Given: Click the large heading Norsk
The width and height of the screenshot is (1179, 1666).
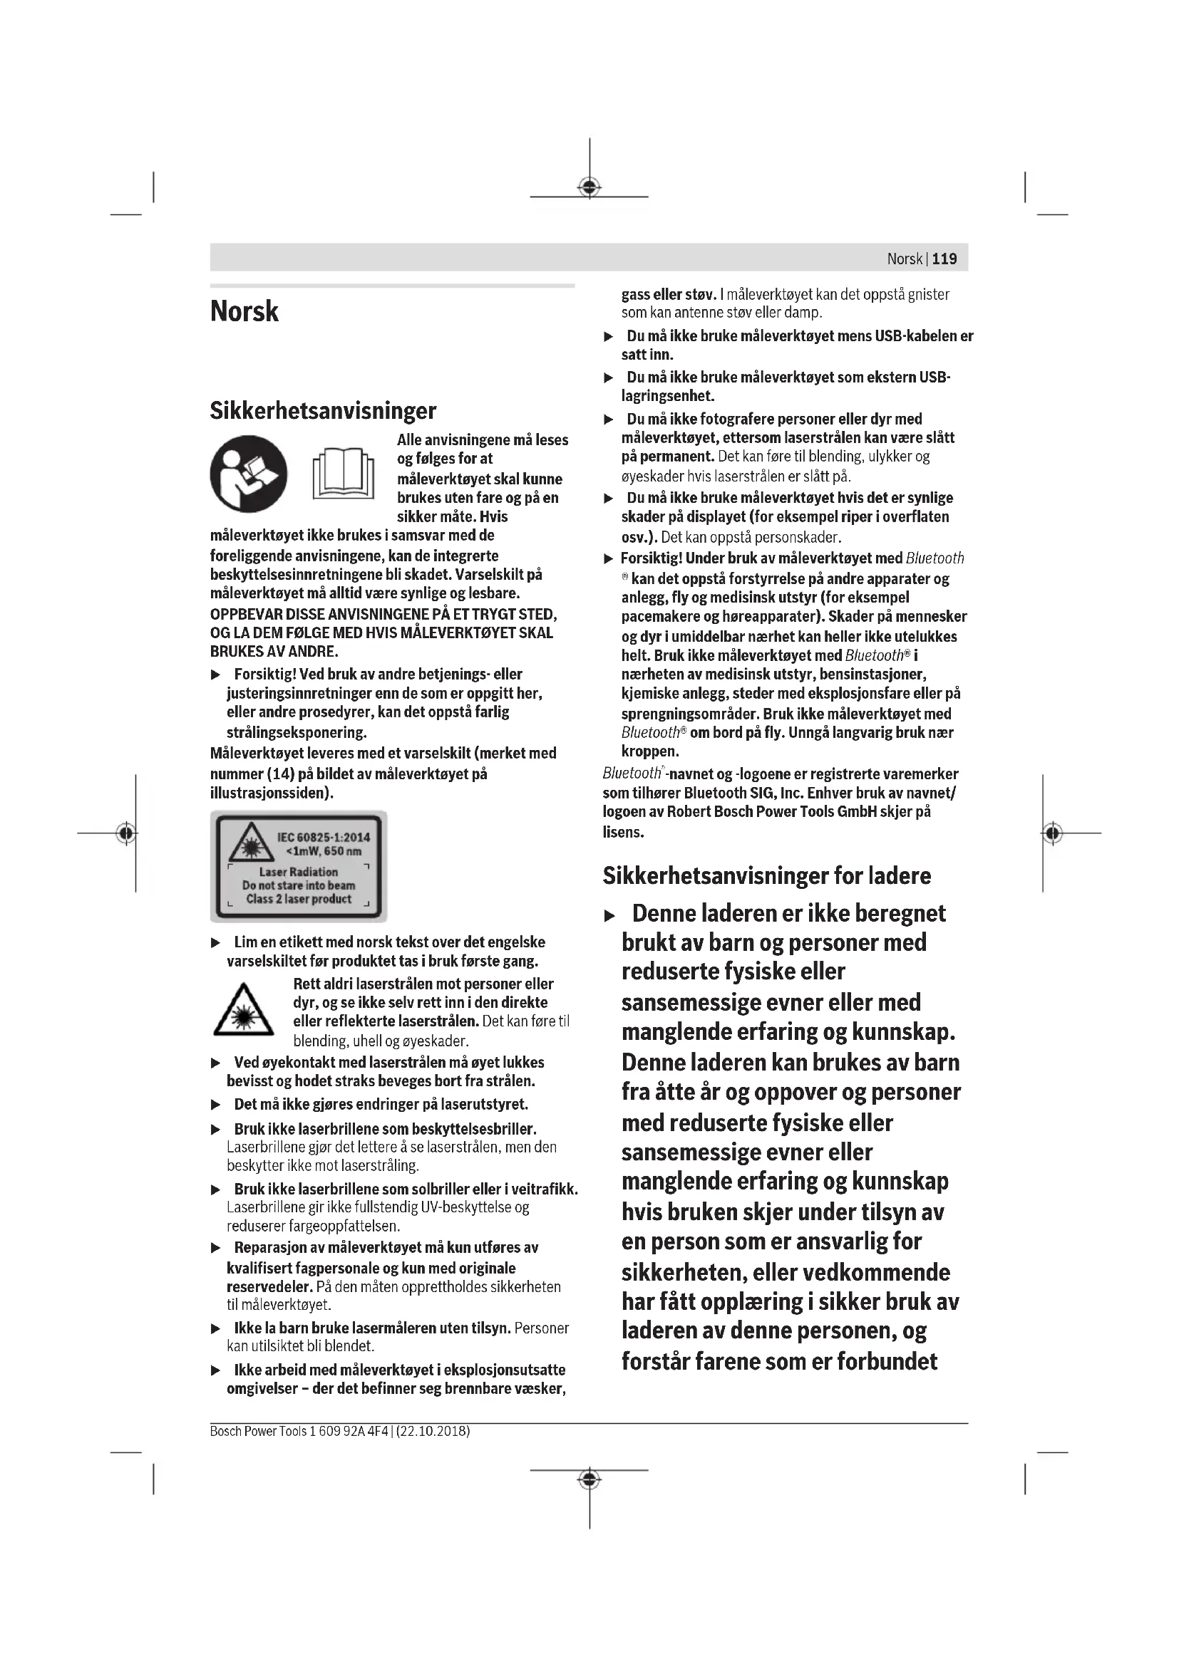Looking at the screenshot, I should [244, 311].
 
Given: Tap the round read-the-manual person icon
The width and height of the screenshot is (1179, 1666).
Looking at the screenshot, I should [248, 474].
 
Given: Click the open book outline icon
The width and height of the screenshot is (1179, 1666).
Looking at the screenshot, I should [344, 474].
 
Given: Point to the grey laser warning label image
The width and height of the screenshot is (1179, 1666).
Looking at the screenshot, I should [299, 866].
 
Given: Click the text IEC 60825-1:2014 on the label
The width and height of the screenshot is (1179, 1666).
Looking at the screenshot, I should [323, 838].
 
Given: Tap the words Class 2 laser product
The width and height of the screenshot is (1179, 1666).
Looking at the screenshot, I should [299, 899].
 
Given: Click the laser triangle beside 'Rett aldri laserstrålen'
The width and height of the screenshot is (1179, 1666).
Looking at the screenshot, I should [243, 1010].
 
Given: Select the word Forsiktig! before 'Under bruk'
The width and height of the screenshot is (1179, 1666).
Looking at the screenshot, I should [652, 558].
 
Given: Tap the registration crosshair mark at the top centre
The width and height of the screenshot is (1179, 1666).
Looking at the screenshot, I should [589, 187].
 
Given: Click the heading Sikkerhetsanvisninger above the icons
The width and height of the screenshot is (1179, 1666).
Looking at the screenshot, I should [323, 411].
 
